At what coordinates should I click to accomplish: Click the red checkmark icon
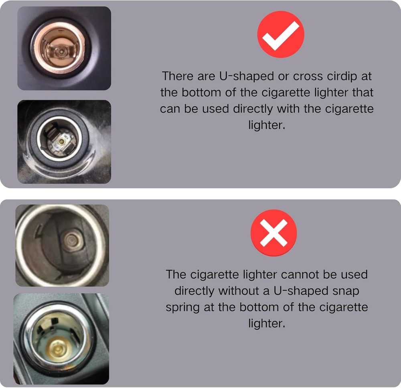click(281, 34)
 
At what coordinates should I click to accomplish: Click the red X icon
click(274, 233)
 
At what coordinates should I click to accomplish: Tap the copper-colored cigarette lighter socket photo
click(64, 48)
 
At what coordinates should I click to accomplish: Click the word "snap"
click(346, 290)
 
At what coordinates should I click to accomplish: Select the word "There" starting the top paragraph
click(178, 75)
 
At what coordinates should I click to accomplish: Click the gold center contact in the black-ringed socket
click(61, 141)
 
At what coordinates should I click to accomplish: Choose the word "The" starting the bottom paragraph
click(176, 274)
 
